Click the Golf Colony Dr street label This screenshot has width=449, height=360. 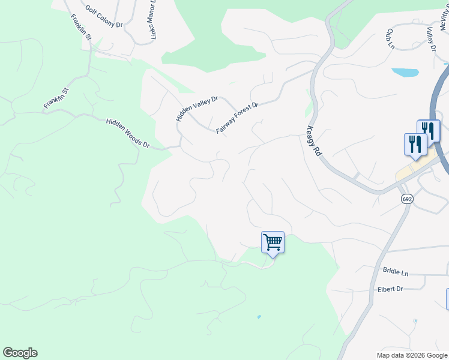104,17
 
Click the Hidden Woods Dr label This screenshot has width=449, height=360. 128,133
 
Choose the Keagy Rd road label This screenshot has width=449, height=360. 314,140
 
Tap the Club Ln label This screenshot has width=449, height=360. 390,38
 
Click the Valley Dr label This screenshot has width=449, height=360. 430,38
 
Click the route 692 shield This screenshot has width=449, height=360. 406,199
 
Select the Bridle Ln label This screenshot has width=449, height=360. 395,272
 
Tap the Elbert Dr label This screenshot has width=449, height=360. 391,289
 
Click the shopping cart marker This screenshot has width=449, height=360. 273,242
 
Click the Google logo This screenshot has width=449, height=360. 20,352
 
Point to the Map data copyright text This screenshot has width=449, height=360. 412,355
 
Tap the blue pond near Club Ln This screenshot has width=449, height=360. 405,73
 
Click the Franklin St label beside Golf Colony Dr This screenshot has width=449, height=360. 80,27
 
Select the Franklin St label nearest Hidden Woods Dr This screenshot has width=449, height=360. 56,98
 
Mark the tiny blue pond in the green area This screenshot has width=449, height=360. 259,316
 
